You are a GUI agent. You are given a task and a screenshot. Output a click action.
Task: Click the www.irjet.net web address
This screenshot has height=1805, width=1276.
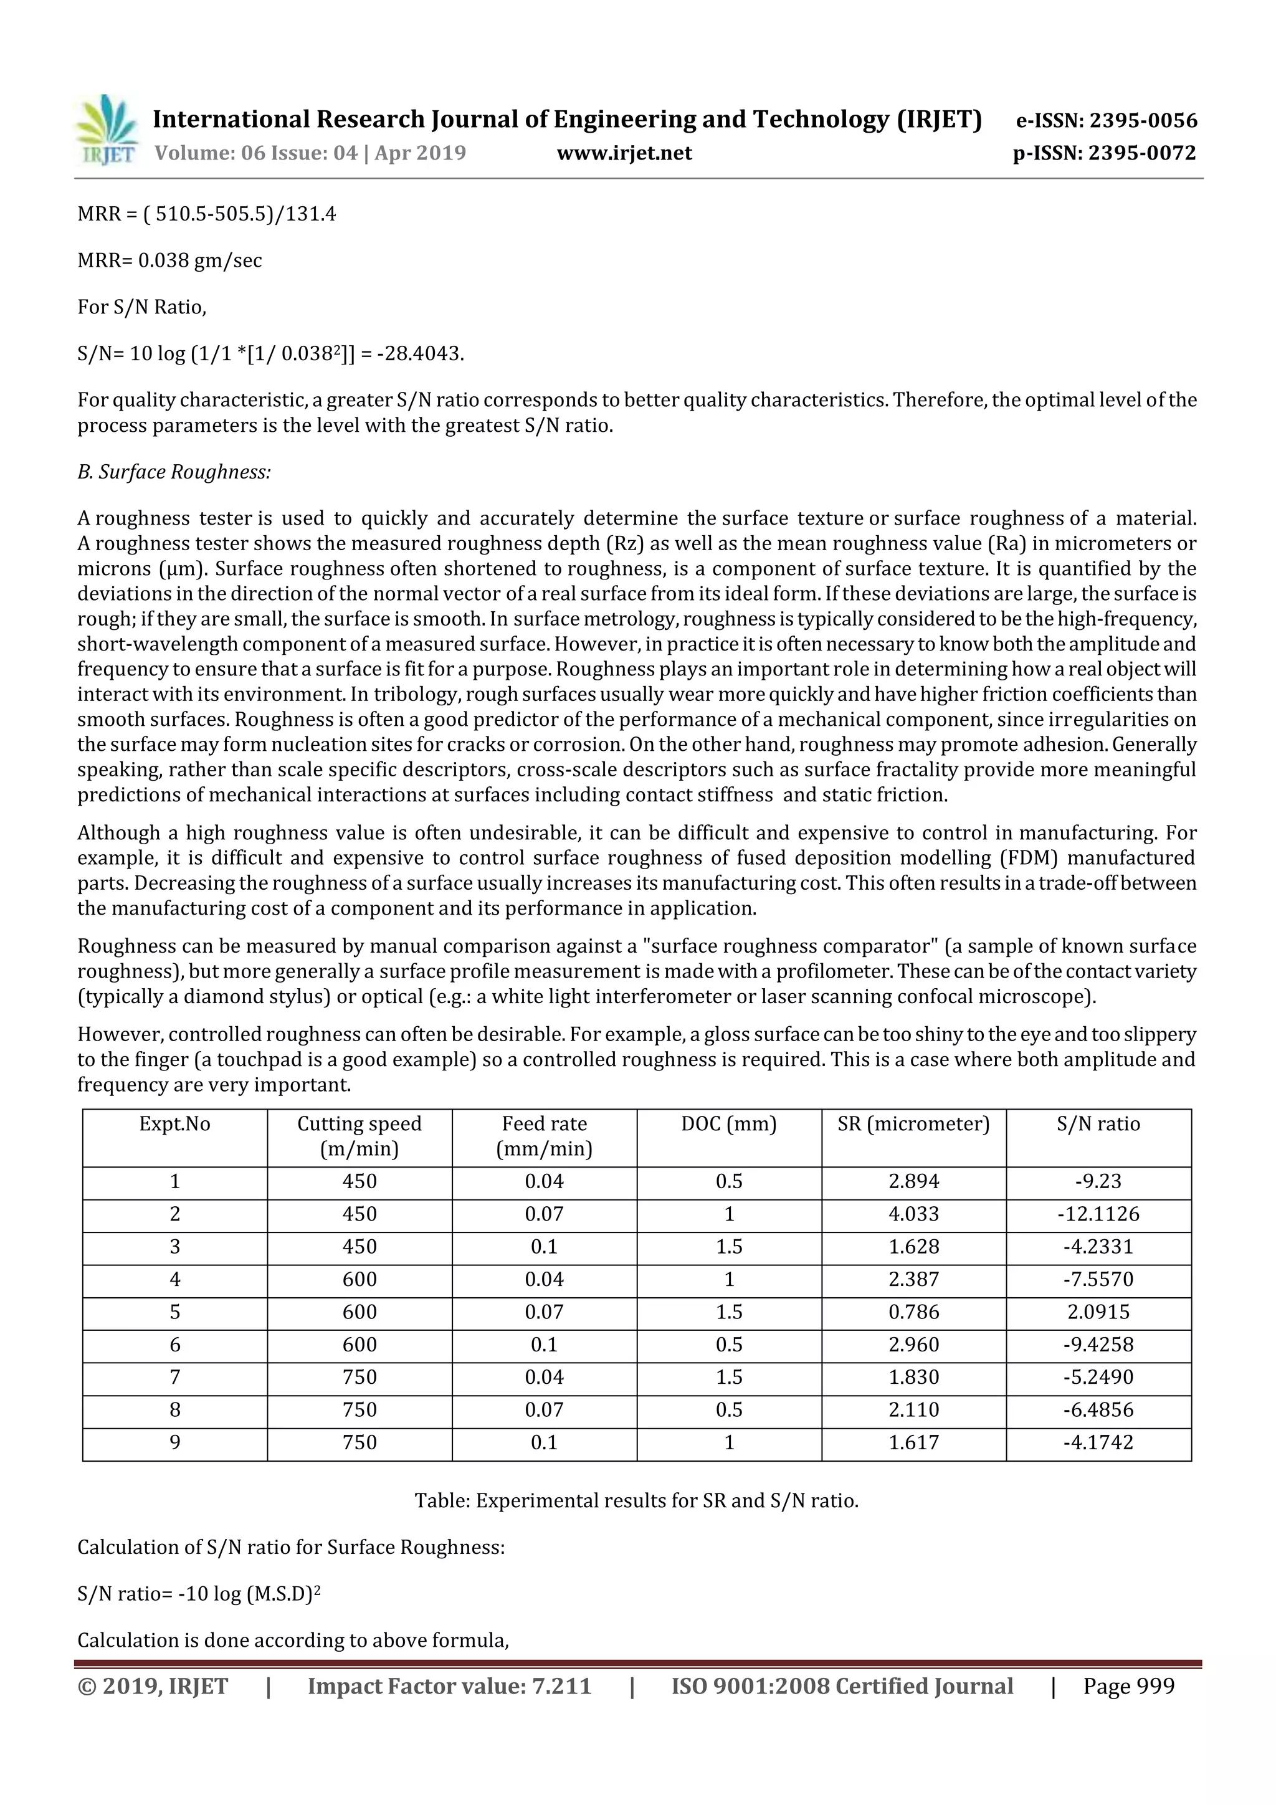pyautogui.click(x=624, y=153)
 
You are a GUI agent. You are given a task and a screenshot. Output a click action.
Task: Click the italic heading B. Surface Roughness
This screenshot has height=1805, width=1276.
pyautogui.click(x=174, y=472)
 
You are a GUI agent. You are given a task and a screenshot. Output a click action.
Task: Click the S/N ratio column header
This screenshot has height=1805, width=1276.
pyautogui.click(x=1098, y=1124)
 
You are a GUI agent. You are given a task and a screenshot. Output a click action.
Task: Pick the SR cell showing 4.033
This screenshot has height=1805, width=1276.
pyautogui.click(x=913, y=1214)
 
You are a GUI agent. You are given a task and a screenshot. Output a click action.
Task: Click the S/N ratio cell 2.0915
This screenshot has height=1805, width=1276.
pyautogui.click(x=1098, y=1312)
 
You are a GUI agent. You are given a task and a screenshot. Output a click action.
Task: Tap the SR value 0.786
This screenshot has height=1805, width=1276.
pyautogui.click(x=913, y=1312)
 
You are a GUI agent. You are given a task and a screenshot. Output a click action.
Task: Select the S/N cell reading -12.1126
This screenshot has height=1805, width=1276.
pyautogui.click(x=1098, y=1214)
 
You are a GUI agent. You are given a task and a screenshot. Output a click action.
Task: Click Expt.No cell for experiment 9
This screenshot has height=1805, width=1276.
pyautogui.click(x=174, y=1442)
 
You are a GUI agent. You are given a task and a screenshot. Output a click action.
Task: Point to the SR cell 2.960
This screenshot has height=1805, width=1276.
pyautogui.click(x=913, y=1345)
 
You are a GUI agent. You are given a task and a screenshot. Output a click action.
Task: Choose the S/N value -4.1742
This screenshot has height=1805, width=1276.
pyautogui.click(x=1098, y=1442)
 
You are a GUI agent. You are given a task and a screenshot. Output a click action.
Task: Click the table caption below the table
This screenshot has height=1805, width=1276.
pyautogui.click(x=636, y=1501)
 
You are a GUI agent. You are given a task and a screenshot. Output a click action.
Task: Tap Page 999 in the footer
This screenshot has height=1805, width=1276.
pyautogui.click(x=1128, y=1686)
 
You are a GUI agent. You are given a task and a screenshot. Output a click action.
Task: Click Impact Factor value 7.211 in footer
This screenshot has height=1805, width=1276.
pyautogui.click(x=449, y=1686)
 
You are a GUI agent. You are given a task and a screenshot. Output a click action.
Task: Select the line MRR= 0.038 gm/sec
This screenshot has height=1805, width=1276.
pyautogui.click(x=170, y=260)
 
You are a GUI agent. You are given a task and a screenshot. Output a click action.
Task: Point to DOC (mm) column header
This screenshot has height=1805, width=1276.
pyautogui.click(x=729, y=1124)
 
